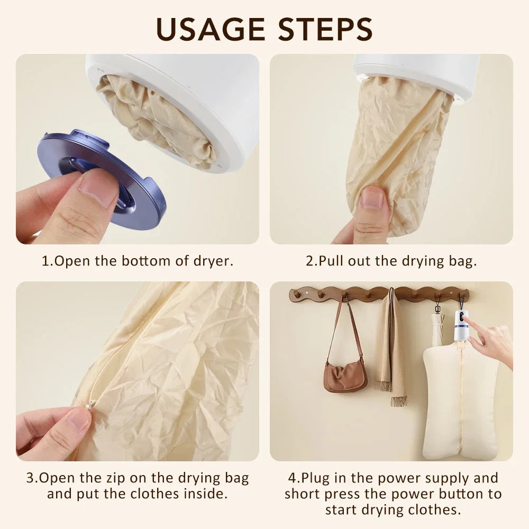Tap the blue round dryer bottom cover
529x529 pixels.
coord(101,180)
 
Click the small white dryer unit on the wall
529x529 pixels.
coord(461,325)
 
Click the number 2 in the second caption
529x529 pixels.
coord(310,261)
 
